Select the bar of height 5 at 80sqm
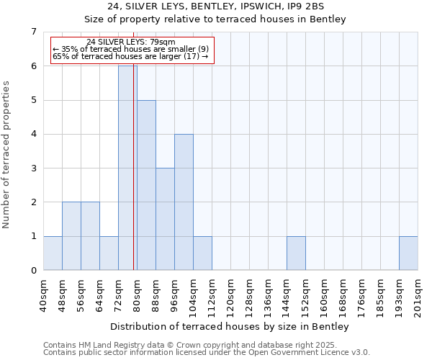coord(146,185)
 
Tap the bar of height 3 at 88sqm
coord(165,219)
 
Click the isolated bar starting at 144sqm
coord(296,253)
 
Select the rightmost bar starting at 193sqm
coord(408,253)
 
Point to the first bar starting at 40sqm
coord(53,253)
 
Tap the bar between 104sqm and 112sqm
coord(202,253)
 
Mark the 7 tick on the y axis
coord(33,32)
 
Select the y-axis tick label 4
coord(33,134)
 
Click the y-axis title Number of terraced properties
coord(7,154)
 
